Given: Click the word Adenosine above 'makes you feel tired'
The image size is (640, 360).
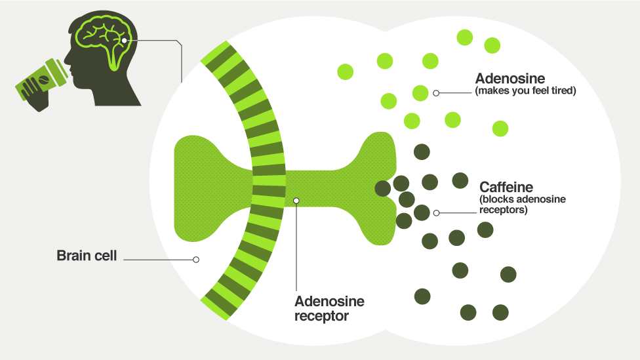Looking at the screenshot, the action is click(510, 79).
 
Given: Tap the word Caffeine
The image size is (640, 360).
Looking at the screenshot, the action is click(506, 187).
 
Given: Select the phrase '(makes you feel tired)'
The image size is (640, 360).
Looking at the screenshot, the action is click(525, 90).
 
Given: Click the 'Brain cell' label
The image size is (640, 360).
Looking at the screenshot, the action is click(87, 256).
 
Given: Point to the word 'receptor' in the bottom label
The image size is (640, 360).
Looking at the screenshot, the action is click(321, 316).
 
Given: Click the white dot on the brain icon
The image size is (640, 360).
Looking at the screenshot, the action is click(124, 41).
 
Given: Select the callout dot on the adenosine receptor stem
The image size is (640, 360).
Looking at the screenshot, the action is click(296, 201).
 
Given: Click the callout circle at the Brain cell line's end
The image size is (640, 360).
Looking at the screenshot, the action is click(196, 260).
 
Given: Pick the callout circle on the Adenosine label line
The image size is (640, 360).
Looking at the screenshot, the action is click(436, 93).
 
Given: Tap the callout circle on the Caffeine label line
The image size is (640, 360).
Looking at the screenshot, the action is click(436, 212).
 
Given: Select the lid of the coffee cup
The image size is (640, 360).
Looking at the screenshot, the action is click(56, 72).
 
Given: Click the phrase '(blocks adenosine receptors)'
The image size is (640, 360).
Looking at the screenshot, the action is click(523, 205).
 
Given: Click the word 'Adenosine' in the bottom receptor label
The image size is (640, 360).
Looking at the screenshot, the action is click(329, 301).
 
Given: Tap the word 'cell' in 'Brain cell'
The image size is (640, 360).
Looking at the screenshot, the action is click(106, 256).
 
